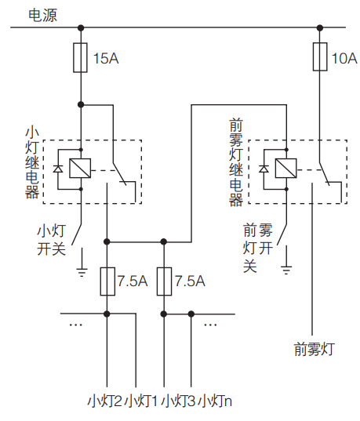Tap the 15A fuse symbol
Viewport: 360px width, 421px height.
(x=80, y=58)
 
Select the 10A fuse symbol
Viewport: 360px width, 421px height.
(x=319, y=56)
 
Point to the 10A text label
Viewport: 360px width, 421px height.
(x=344, y=57)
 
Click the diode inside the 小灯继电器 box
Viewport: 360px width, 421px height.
(x=58, y=169)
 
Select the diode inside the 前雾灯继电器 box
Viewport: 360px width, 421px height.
(x=264, y=169)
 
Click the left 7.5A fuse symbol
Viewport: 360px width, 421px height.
(x=107, y=281)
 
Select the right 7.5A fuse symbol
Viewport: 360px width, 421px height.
(x=163, y=281)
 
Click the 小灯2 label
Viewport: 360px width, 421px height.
(x=104, y=401)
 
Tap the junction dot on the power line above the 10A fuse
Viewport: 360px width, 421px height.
(x=319, y=28)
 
